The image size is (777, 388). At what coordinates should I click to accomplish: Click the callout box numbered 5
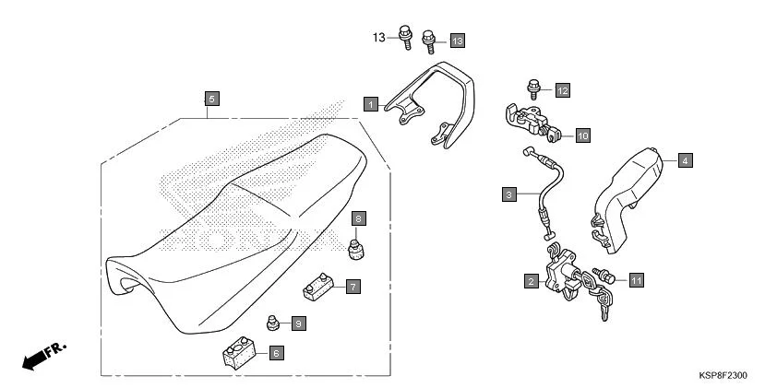click(x=211, y=99)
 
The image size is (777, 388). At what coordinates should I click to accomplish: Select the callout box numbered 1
click(x=370, y=104)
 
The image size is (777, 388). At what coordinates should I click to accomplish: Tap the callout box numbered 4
click(x=685, y=160)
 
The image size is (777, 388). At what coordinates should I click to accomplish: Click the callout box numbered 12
click(x=562, y=90)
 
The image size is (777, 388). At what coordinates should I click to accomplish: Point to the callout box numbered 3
click(x=508, y=194)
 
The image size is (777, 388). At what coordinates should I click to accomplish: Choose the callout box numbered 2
click(x=532, y=281)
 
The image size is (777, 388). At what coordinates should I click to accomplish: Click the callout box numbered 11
click(x=637, y=278)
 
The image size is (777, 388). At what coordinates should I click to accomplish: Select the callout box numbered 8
click(x=359, y=218)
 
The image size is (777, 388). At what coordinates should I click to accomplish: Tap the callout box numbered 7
click(x=353, y=287)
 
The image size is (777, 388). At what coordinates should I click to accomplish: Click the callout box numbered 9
click(x=297, y=323)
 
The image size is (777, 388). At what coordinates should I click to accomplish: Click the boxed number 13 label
click(x=457, y=41)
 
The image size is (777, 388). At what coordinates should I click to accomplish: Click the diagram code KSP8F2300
click(x=723, y=376)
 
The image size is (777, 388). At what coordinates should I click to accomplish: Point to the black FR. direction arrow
click(x=37, y=359)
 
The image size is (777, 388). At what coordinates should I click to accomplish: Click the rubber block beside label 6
click(x=238, y=354)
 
